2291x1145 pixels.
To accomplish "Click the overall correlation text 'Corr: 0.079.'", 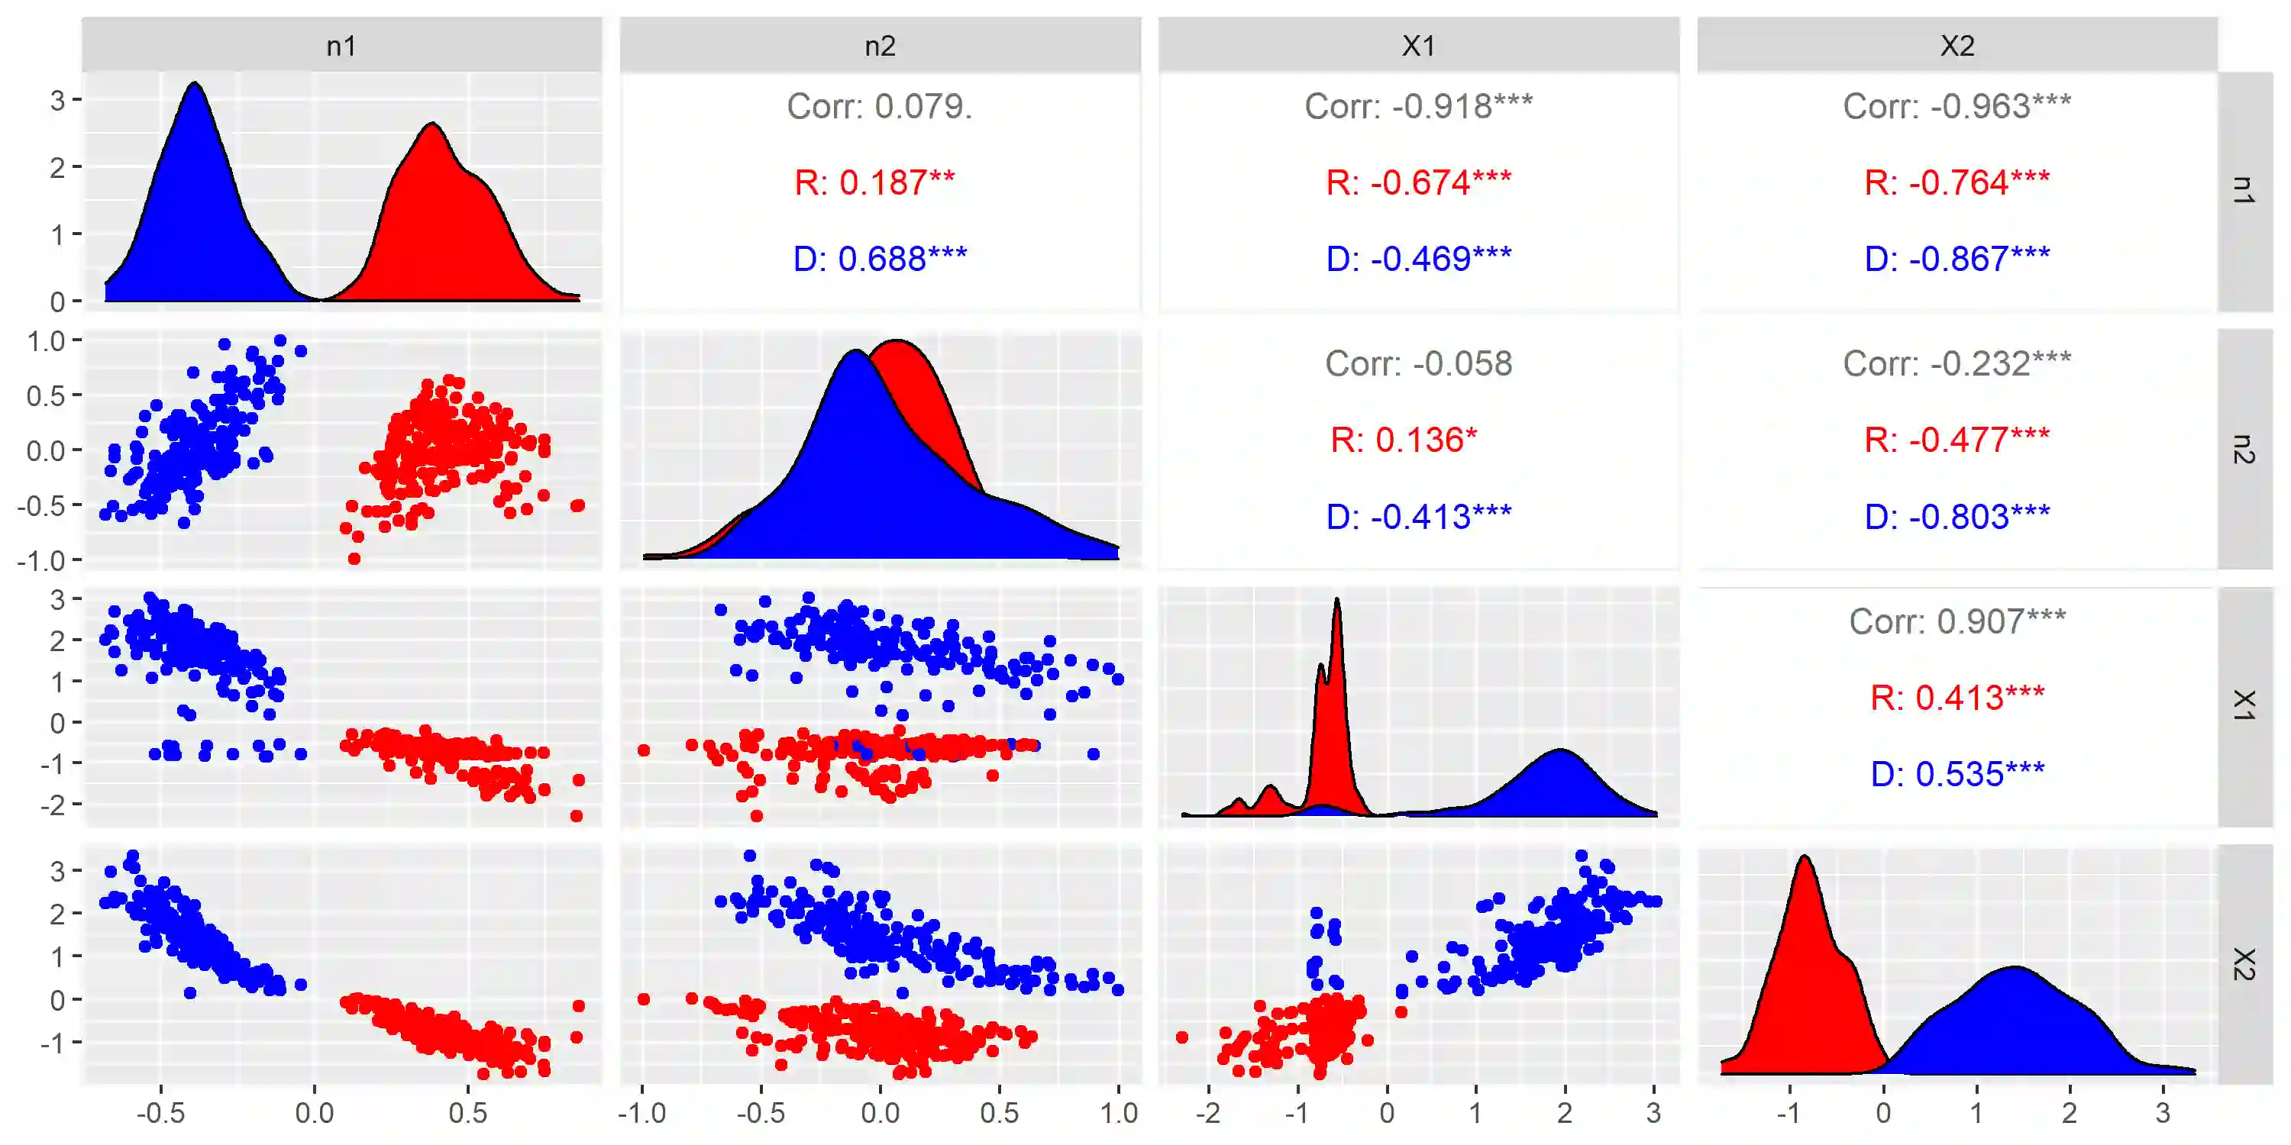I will coord(880,107).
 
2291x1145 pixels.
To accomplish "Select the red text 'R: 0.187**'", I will coord(874,183).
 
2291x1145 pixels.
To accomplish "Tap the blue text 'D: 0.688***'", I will coord(880,260).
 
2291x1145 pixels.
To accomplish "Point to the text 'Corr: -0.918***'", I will coord(1419,107).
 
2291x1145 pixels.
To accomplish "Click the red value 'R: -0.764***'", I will coord(1957,183).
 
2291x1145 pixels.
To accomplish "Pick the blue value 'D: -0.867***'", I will coord(1957,260).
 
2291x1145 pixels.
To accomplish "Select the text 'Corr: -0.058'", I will coord(1419,363).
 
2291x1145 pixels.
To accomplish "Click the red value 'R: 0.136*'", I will coord(1404,440).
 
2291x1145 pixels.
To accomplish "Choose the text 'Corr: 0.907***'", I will coord(1957,621).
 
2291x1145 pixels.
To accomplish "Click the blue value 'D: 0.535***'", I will coord(1957,774).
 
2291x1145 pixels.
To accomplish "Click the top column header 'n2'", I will coord(880,45).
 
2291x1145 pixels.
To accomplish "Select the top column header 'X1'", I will coord(1419,45).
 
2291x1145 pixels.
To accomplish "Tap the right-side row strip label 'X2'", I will coord(2244,965).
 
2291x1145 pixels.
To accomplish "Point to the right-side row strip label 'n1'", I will coord(2244,190).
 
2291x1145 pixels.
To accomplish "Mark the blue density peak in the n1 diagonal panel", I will coord(195,85).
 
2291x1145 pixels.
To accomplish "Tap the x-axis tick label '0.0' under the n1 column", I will coord(314,1113).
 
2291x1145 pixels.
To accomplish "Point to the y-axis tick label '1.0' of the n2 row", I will coord(45,341).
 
